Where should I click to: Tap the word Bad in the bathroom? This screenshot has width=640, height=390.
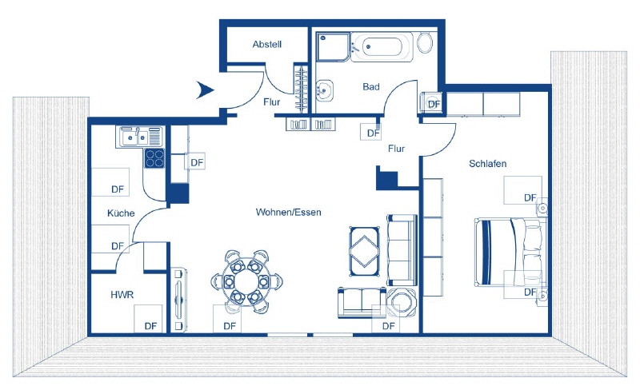[370, 86]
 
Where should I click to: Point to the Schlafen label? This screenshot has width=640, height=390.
[488, 164]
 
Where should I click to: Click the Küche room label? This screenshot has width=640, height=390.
[122, 213]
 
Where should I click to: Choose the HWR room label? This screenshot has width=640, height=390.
[122, 295]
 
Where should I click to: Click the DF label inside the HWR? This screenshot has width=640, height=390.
[150, 325]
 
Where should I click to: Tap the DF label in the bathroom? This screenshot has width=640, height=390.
[433, 104]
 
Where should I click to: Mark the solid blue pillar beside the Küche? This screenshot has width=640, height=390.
[178, 193]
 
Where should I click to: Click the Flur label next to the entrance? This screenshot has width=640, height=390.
[272, 101]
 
